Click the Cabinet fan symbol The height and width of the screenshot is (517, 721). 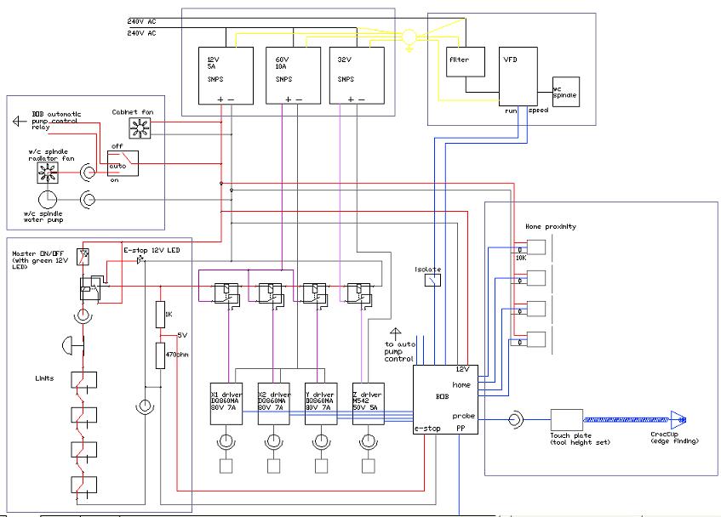[139, 128]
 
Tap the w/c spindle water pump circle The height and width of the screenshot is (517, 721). [46, 201]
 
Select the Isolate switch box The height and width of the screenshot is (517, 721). [432, 277]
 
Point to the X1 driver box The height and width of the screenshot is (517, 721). [226, 406]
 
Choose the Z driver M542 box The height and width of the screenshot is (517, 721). [367, 406]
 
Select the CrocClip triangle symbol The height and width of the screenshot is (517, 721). [678, 420]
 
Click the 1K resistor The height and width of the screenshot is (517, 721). [159, 314]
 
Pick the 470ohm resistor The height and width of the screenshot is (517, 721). [159, 355]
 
